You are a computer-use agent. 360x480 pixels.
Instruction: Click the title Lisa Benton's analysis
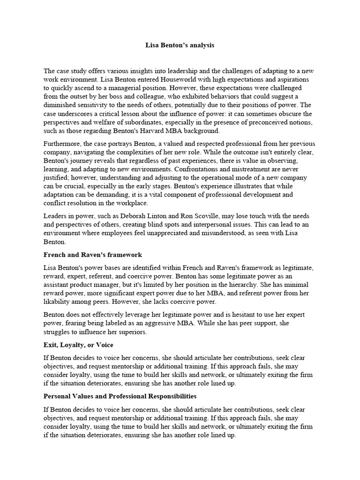click(180, 45)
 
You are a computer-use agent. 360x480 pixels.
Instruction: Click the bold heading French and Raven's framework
click(93, 255)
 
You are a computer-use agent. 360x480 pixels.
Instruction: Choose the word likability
click(60, 301)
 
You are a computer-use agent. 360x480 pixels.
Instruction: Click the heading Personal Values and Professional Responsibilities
click(120, 396)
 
